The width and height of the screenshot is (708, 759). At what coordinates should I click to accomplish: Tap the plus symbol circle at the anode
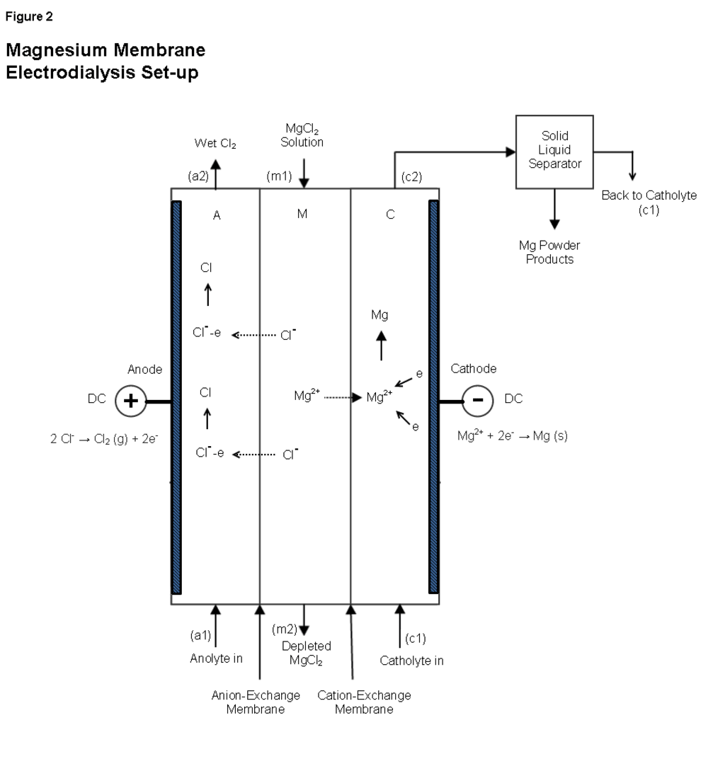click(131, 401)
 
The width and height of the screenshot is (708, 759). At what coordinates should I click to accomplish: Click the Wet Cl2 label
click(215, 144)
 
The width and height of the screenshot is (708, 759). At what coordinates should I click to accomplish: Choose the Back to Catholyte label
click(649, 196)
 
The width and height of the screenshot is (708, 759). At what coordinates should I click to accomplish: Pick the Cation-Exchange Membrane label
click(365, 702)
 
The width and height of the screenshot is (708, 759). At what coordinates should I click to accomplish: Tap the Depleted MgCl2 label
click(307, 652)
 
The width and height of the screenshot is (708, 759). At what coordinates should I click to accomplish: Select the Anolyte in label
click(216, 659)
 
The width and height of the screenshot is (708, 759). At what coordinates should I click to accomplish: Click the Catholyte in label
click(412, 661)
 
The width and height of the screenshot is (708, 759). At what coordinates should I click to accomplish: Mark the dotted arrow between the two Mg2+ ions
click(343, 398)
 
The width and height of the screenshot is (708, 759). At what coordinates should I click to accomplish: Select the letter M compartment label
click(302, 215)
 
